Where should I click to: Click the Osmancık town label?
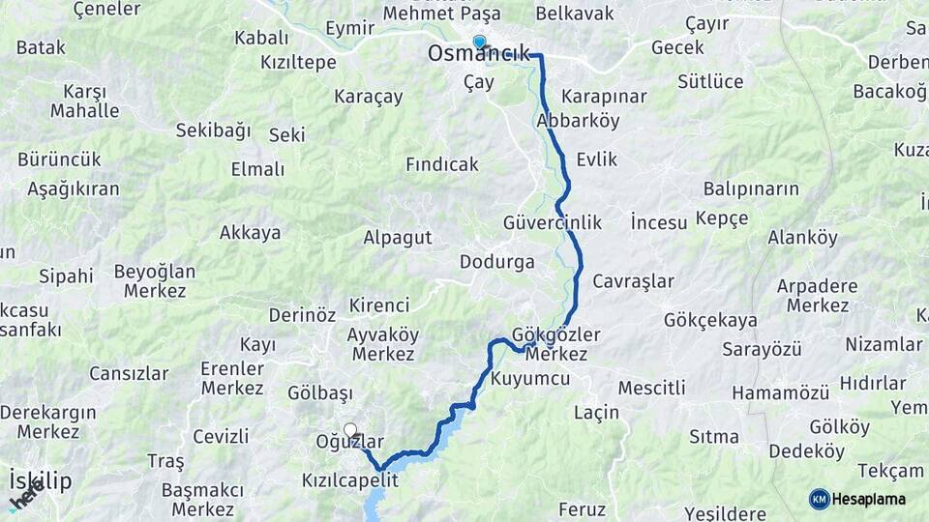coord(479,55)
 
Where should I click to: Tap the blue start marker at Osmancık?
coord(478,42)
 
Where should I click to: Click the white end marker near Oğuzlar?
coord(350,430)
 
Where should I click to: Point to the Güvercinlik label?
coord(552,223)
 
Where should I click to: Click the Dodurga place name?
coord(496,262)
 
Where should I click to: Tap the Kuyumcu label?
coord(530,379)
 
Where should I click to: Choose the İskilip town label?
coord(40,480)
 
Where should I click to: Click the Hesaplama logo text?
coord(870,499)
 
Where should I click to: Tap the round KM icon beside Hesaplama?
coord(820,499)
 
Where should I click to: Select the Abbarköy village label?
coord(578,122)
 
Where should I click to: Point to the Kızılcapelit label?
coord(349,479)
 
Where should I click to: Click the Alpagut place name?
coord(397,237)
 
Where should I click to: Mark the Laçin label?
coord(596,413)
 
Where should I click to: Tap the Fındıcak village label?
coord(441,164)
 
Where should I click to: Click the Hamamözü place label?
coord(781,393)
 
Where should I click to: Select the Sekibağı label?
coord(213,130)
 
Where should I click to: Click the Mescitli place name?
coord(651,388)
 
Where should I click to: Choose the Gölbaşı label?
coord(320,393)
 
